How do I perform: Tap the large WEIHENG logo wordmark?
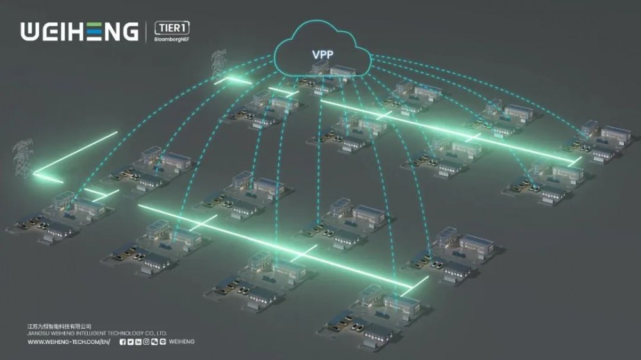[x=79, y=31]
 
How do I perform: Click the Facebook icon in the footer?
[x=122, y=342]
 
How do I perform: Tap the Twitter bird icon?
[x=131, y=342]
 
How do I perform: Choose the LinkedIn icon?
[x=138, y=342]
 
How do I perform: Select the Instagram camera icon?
[x=146, y=342]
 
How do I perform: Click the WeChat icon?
[x=154, y=342]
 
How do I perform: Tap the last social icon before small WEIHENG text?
[x=163, y=342]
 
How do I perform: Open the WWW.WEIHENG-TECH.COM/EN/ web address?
[x=69, y=342]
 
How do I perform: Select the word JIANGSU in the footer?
[x=37, y=333]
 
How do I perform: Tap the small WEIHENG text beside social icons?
[x=182, y=342]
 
